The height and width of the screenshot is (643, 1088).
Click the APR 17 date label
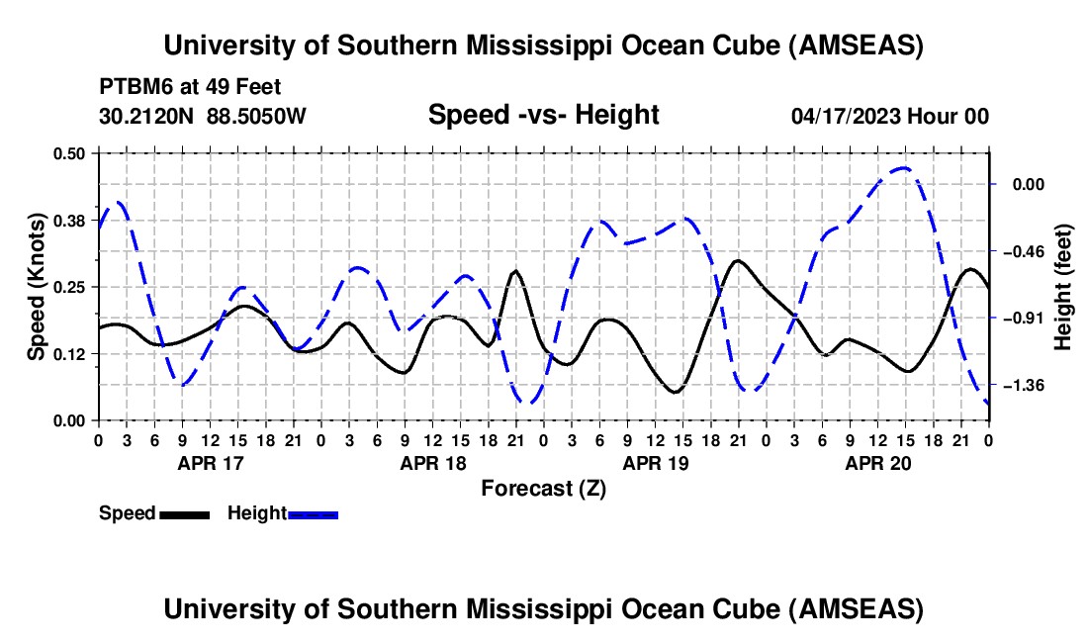pyautogui.click(x=210, y=462)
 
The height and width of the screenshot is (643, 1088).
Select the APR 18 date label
pyautogui.click(x=432, y=462)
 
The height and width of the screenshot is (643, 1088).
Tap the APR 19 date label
pyautogui.click(x=655, y=462)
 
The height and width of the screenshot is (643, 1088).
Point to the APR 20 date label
pyautogui.click(x=877, y=462)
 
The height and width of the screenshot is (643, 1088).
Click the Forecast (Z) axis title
pyautogui.click(x=543, y=488)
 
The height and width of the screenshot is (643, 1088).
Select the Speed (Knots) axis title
pyautogui.click(x=37, y=286)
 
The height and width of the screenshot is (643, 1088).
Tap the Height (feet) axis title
pyautogui.click(x=1063, y=287)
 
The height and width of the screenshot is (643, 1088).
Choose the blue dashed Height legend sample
pyautogui.click(x=313, y=514)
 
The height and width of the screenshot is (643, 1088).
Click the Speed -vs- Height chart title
pyautogui.click(x=543, y=116)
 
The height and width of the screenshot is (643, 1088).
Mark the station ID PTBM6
pyautogui.click(x=133, y=87)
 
